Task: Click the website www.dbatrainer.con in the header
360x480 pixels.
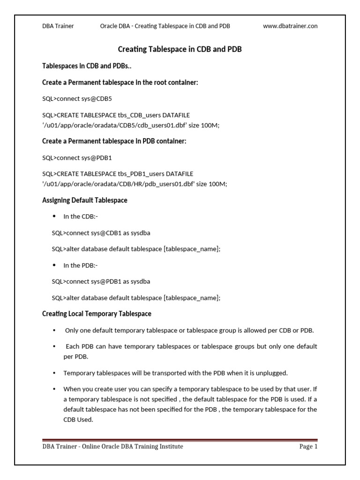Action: coord(290,26)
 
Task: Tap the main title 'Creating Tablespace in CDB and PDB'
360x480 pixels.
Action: coord(180,49)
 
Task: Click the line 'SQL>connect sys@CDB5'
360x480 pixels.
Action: coord(77,99)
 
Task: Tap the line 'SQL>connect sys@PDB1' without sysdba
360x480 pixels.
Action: coord(77,157)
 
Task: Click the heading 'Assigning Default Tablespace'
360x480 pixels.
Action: coord(85,200)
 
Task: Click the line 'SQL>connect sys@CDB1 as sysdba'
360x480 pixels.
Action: coord(101,232)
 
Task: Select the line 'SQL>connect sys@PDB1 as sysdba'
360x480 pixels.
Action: coord(101,281)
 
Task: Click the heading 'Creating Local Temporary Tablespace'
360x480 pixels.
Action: coord(97,314)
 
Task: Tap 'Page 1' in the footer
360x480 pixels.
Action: coord(308,447)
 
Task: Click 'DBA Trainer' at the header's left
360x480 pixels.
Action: coord(58,26)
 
